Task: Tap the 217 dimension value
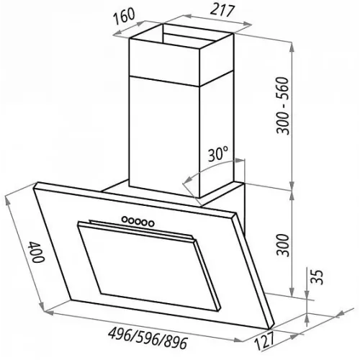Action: (x=222, y=11)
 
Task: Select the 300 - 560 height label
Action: (x=282, y=106)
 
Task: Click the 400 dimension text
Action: (x=36, y=252)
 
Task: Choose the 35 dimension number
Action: (x=318, y=277)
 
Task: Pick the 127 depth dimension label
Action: (x=264, y=341)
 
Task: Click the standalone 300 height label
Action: (x=282, y=245)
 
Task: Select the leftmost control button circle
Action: (x=125, y=219)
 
